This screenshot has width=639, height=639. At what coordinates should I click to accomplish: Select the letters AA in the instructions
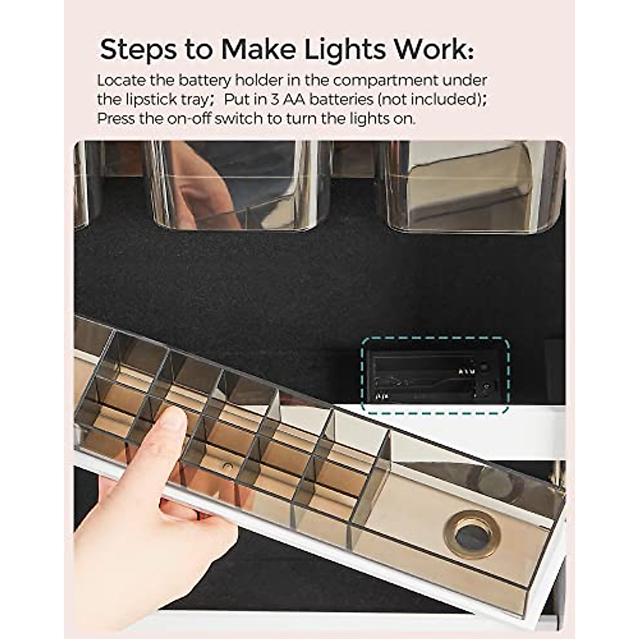click(x=291, y=100)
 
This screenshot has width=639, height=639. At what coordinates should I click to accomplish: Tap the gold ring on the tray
click(x=471, y=534)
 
